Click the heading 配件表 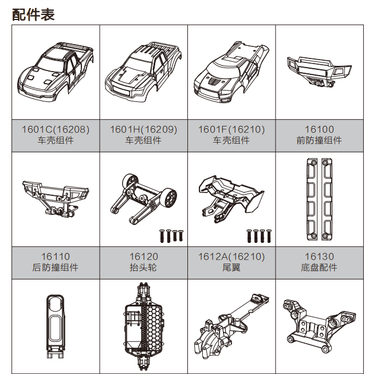33,15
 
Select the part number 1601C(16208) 56,129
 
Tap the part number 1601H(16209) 143,129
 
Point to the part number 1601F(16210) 231,129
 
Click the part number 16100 319,129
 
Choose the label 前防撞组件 319,141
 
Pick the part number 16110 56,257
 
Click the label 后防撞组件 56,267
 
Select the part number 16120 143,257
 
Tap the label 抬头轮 143,267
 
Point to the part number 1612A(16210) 231,257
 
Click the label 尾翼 231,267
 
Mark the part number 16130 319,257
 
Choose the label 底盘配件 319,267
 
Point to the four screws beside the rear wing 258,235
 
